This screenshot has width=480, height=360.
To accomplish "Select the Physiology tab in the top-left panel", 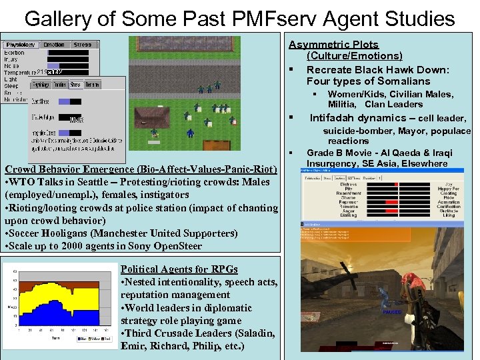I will coord(21,45).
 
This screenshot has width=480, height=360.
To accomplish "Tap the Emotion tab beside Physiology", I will coord(55,45).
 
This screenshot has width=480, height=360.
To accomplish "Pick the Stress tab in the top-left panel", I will coord(83,45).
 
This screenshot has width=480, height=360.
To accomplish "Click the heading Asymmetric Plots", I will coord(343,45).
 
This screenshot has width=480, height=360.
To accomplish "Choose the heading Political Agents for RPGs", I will coord(179,269).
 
